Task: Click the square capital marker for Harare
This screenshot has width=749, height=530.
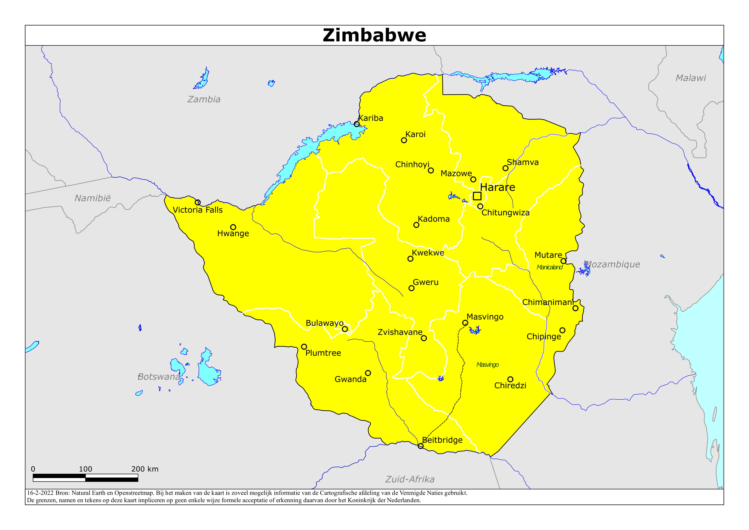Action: coord(477,196)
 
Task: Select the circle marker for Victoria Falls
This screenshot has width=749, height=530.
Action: coord(198,203)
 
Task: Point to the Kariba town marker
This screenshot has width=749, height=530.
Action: coord(357,124)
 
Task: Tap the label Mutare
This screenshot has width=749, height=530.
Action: coord(548,255)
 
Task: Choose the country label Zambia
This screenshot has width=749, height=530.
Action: coord(204,99)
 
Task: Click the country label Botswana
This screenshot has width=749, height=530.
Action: coord(159,377)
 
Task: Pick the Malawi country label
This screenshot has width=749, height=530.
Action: coord(690,78)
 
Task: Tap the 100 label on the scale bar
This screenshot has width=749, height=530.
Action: coord(85,469)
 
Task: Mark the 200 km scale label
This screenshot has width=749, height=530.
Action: coord(145,469)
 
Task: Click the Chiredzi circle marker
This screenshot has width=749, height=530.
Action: coord(510,379)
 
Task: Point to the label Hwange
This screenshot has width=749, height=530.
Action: coord(233,234)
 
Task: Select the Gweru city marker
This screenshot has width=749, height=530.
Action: coord(411,288)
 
